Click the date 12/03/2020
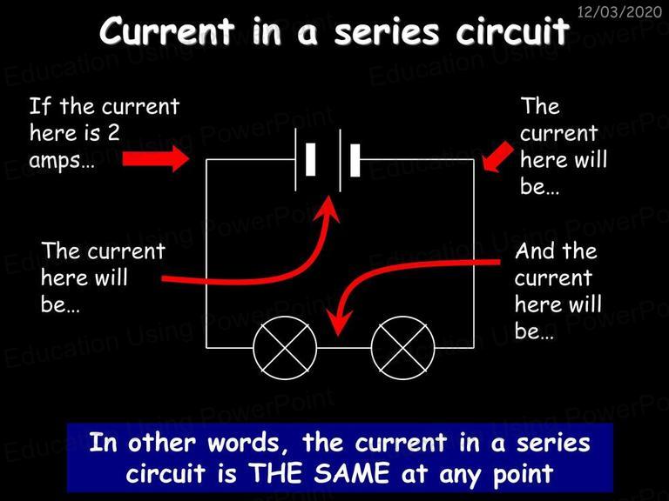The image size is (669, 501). [x=619, y=11]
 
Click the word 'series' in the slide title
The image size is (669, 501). [x=387, y=32]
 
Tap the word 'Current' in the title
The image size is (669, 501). [x=167, y=30]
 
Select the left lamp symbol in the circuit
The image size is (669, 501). [x=285, y=348]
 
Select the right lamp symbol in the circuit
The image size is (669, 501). [x=403, y=348]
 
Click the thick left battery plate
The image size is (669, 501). [x=311, y=160]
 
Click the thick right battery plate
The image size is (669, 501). [x=355, y=160]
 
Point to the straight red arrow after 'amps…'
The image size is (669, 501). [x=156, y=159]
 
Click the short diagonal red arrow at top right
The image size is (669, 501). [x=497, y=157]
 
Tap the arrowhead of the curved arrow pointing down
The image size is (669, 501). [x=339, y=323]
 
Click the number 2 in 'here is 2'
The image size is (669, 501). [x=113, y=133]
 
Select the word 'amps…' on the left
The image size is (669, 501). [x=62, y=161]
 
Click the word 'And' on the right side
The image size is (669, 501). [x=536, y=250]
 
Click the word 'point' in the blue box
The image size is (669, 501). [x=524, y=475]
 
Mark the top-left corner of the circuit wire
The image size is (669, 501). [x=206, y=160]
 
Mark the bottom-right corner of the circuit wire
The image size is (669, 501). [x=474, y=348]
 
